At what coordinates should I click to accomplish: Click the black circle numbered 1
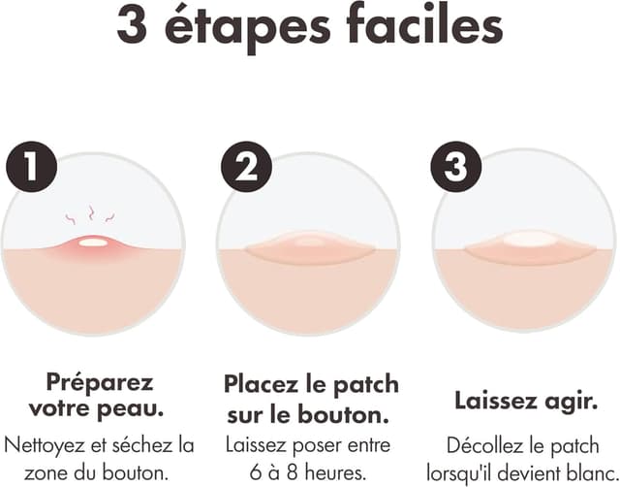point(32,167)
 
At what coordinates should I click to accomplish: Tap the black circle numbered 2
point(246,167)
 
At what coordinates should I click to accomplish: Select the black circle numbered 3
point(456,166)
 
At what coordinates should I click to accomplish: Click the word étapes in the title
point(247,27)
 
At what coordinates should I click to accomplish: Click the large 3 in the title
point(132,25)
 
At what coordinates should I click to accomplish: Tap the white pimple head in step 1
point(93,242)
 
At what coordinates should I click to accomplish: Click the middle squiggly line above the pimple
point(91,213)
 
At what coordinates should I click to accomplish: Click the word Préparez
point(99,382)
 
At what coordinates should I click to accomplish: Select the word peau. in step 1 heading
point(131,408)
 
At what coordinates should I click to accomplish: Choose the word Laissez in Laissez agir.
point(494,400)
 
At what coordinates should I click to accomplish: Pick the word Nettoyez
point(45,446)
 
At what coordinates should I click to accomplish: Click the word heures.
point(335,471)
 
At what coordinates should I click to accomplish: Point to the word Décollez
point(484,446)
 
